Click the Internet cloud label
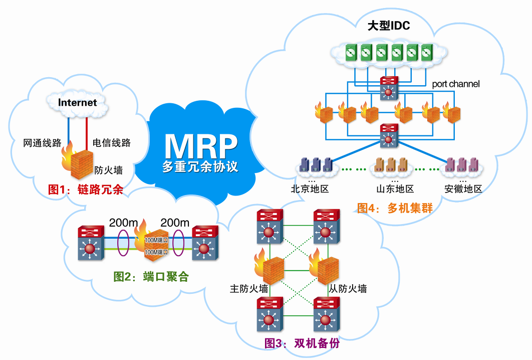click(77, 102)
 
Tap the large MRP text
click(201, 146)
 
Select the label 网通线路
click(42, 142)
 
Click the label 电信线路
click(112, 142)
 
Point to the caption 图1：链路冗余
click(86, 190)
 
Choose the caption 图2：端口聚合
click(151, 276)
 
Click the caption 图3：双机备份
click(302, 343)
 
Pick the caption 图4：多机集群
click(395, 208)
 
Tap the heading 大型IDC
click(389, 26)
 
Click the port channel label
click(456, 84)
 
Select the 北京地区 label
click(310, 189)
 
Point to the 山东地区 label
click(395, 189)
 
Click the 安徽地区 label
click(463, 189)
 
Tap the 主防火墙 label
click(249, 289)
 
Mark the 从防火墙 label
click(348, 289)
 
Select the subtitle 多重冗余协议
click(200, 166)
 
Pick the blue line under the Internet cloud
click(69, 129)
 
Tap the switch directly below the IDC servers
click(389, 88)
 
